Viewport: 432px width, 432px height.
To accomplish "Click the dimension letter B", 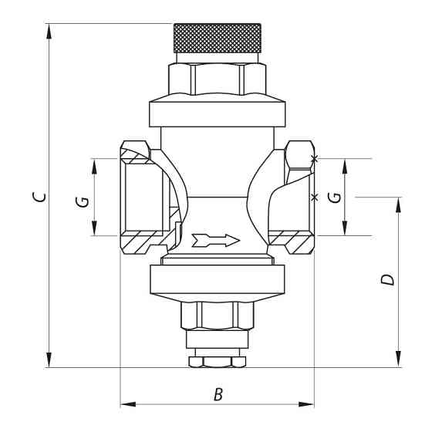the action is point(218,394).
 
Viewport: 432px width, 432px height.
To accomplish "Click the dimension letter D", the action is point(387,279).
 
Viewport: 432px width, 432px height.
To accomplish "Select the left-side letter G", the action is point(82,202).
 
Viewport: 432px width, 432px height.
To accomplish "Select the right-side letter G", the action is point(335,197).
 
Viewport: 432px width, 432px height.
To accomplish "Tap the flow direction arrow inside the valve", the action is point(216,241).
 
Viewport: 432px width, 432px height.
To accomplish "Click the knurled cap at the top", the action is point(217,38).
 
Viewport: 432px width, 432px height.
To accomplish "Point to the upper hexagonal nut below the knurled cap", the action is point(217,79).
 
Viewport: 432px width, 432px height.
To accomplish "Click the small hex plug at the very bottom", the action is point(217,362).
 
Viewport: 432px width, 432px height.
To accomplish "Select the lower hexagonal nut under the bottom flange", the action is point(217,316).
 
